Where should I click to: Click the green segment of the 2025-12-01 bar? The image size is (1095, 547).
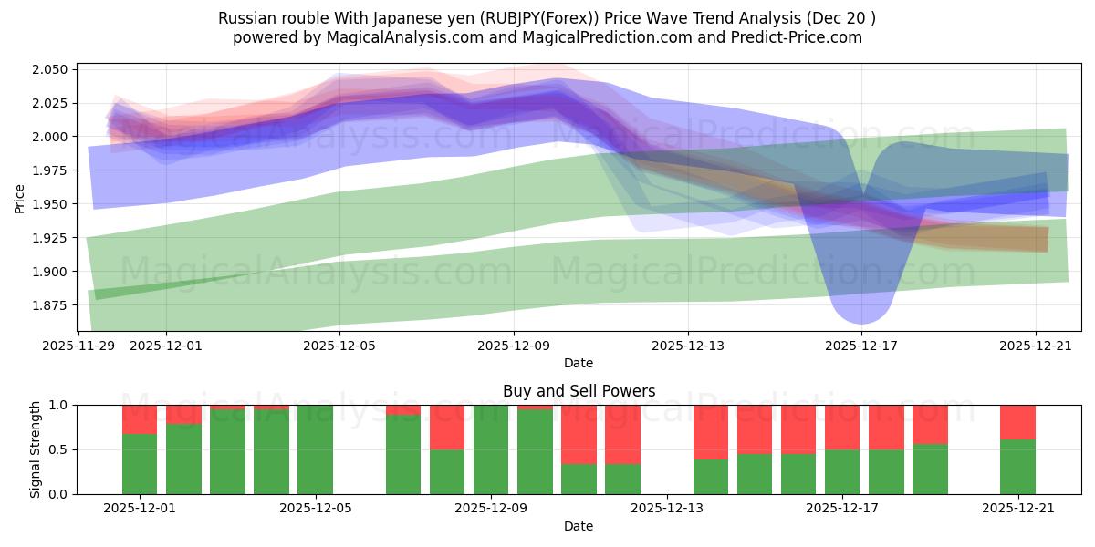pyautogui.click(x=140, y=464)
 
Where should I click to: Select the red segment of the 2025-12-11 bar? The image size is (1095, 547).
pyautogui.click(x=579, y=434)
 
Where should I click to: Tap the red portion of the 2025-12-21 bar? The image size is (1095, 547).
pyautogui.click(x=1017, y=422)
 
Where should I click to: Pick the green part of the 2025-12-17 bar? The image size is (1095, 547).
pyautogui.click(x=842, y=471)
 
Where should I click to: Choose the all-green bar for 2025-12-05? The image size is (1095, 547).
pyautogui.click(x=315, y=449)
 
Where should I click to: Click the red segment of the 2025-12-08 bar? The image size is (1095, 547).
pyautogui.click(x=447, y=427)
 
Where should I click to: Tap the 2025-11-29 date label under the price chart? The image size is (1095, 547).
pyautogui.click(x=78, y=346)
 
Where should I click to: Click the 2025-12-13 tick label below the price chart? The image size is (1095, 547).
pyautogui.click(x=688, y=346)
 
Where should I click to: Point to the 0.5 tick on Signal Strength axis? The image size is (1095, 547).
pyautogui.click(x=57, y=449)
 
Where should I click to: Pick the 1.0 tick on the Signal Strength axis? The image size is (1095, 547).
pyautogui.click(x=57, y=405)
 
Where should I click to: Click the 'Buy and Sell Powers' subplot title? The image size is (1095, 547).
pyautogui.click(x=579, y=391)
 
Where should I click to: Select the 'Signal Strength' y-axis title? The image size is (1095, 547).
pyautogui.click(x=36, y=449)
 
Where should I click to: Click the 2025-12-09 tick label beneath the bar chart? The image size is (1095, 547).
pyautogui.click(x=491, y=509)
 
